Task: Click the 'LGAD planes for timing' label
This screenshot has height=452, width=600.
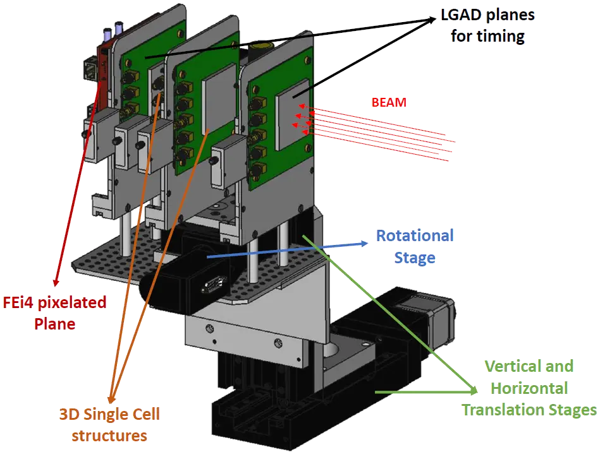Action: tap(487, 25)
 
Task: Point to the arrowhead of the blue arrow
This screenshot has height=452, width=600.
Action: tap(367, 242)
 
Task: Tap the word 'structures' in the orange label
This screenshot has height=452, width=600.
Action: tap(109, 436)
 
